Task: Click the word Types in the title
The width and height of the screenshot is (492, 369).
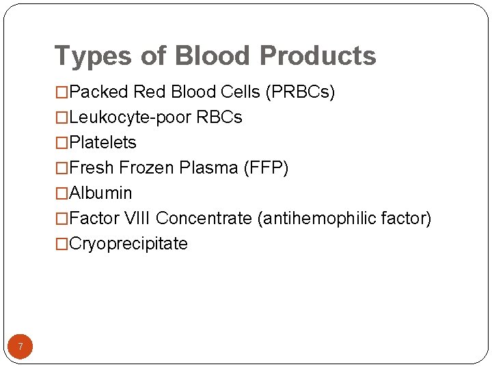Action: pos(87,56)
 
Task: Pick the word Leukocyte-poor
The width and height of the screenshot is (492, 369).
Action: pos(131,118)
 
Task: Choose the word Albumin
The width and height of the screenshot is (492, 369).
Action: pos(100,193)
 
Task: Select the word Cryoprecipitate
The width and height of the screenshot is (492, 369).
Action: pos(128,244)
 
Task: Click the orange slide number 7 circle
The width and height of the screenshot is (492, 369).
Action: pos(20,347)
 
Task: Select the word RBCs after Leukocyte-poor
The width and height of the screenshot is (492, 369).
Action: pos(219,118)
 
